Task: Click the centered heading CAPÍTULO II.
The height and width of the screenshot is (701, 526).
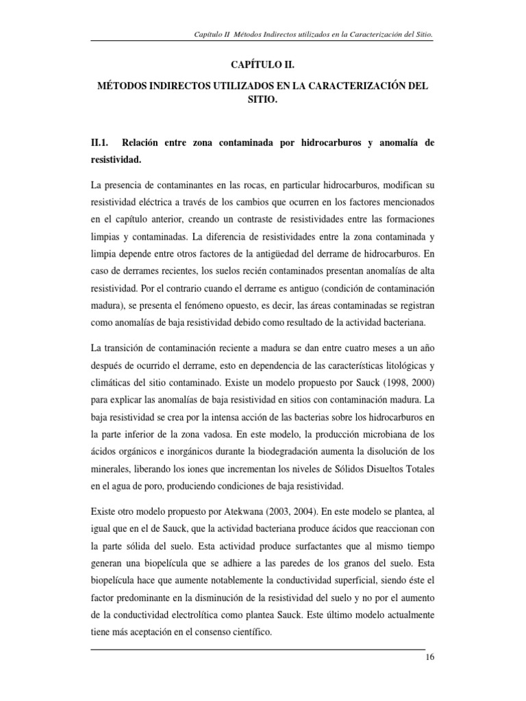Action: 263,64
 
